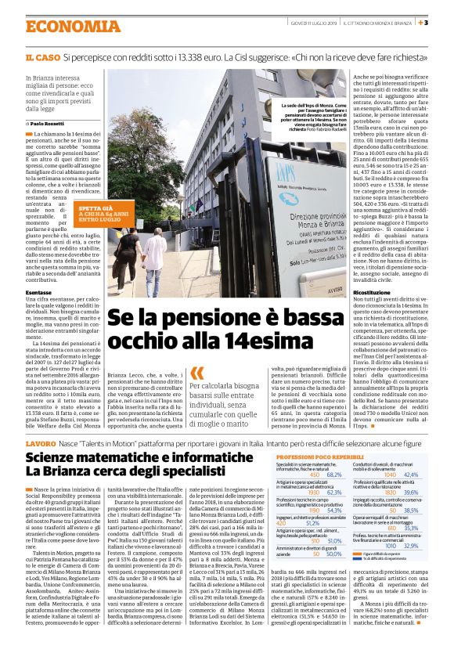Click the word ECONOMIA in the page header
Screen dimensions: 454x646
coord(63,25)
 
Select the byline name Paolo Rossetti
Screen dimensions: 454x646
coord(49,124)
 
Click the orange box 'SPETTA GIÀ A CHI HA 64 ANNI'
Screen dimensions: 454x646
coord(100,214)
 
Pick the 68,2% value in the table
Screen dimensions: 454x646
coord(334,475)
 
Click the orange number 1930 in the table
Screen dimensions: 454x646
coord(315,492)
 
